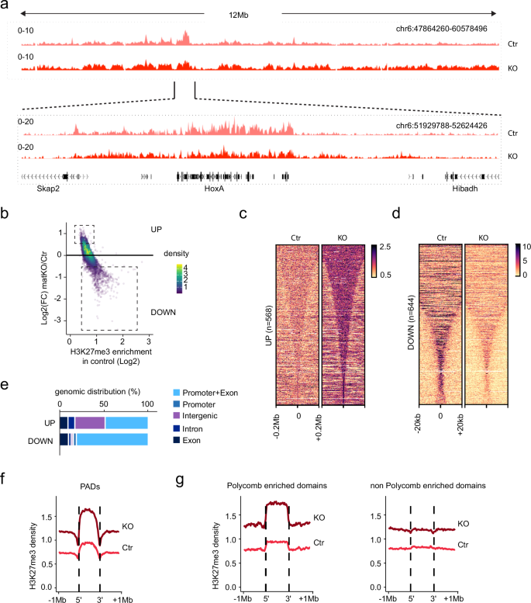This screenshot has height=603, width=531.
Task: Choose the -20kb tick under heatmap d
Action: [x=419, y=419]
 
